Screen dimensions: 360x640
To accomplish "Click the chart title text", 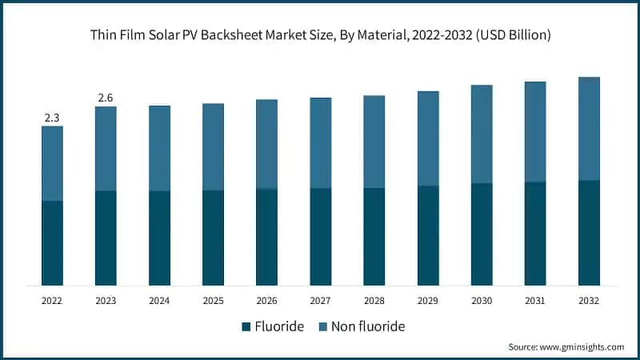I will (x=320, y=35).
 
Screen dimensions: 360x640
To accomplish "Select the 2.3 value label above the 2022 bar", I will (x=52, y=118).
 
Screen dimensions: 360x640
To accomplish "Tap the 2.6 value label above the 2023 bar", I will (x=106, y=98).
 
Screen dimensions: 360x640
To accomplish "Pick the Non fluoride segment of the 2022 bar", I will (x=52, y=163).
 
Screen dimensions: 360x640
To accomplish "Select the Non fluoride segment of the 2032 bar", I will (x=589, y=129).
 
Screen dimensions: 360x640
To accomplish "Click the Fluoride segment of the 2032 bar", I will (x=589, y=233).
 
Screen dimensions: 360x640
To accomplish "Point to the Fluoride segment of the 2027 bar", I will (x=321, y=237).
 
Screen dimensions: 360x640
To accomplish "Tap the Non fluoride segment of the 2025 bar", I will (x=213, y=147).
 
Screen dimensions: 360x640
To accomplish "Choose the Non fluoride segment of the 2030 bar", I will (x=482, y=134).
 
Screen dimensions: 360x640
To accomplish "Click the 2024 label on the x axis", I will (x=159, y=301).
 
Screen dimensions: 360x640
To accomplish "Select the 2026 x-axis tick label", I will (x=266, y=301).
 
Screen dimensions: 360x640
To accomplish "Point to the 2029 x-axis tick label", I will (x=428, y=301).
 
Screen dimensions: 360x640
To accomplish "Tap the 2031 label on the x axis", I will (x=535, y=301).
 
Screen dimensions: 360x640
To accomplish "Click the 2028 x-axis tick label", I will (x=374, y=301).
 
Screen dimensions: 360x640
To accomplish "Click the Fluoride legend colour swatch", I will (x=246, y=326).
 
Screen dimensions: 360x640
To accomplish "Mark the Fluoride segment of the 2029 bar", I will (x=428, y=235).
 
